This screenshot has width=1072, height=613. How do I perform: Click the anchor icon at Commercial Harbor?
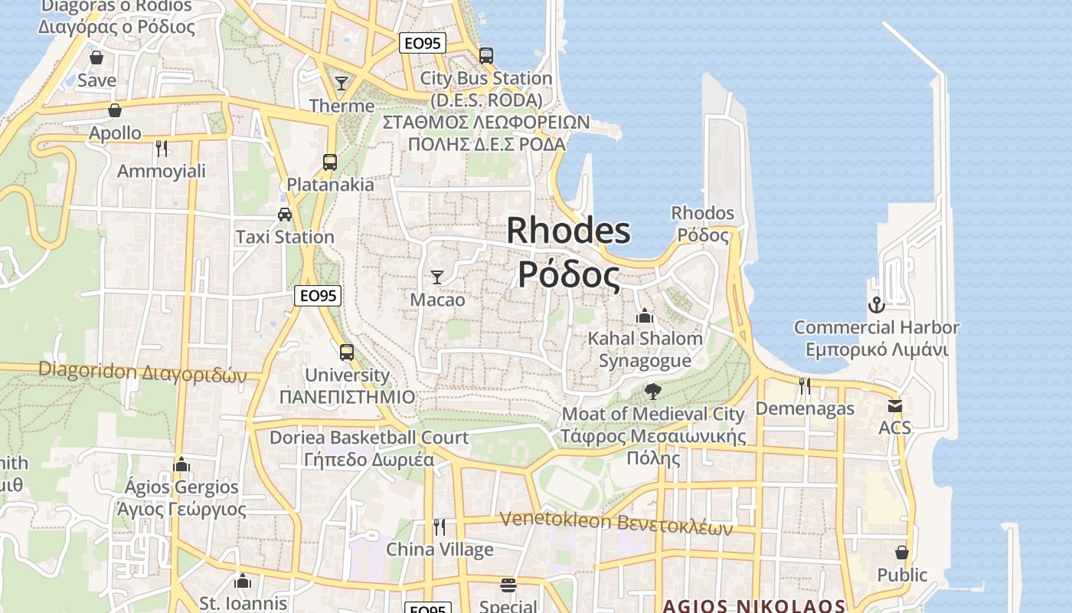point(876,305)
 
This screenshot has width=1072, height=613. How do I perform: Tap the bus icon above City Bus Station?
point(486,55)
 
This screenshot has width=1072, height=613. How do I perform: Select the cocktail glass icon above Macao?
point(437,277)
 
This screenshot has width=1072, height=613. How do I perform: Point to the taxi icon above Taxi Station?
point(285,214)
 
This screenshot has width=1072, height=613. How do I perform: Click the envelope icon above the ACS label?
point(894,405)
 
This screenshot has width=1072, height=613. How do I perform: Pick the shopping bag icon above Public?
point(902,552)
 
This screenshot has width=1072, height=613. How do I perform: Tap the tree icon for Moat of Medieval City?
point(653,392)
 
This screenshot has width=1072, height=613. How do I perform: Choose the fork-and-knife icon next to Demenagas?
point(805,385)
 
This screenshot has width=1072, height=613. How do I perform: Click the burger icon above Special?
point(508,585)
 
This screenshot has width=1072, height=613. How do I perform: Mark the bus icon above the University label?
point(347,352)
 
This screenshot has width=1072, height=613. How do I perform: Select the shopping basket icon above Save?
point(96,57)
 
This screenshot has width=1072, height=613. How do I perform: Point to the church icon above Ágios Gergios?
point(181,464)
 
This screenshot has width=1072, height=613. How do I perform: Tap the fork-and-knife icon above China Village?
point(440,526)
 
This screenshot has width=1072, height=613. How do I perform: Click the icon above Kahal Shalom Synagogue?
point(645,316)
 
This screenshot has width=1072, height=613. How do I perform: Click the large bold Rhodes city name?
point(569,252)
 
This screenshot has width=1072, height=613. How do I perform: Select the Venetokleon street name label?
point(616,523)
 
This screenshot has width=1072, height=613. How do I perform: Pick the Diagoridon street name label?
point(142,372)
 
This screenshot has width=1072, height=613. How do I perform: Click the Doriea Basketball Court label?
point(368,448)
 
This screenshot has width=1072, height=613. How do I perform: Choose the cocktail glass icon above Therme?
point(342,83)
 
